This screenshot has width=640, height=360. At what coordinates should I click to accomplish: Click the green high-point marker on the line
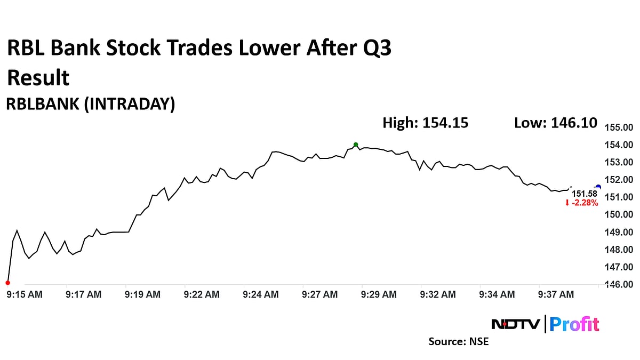point(356,145)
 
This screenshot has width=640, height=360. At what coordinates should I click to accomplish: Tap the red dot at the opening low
point(7,283)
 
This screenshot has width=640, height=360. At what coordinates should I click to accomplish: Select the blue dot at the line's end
point(598,187)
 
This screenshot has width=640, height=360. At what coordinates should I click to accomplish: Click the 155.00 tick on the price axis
point(618,127)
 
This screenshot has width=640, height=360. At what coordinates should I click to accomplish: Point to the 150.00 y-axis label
point(618,214)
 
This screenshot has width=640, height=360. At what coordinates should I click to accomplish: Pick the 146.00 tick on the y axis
point(618,284)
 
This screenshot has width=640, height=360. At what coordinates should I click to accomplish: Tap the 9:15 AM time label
point(25,294)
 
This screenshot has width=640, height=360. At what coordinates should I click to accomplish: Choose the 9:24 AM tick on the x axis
point(260,294)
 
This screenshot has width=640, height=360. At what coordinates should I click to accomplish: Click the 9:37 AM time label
point(556,294)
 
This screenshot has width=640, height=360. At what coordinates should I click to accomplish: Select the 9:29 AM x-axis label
point(379,294)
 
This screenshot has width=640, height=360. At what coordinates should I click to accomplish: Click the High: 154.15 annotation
point(425,123)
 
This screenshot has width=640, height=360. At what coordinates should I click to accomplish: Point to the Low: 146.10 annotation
point(555,123)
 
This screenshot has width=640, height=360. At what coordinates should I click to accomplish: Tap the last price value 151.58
point(585,194)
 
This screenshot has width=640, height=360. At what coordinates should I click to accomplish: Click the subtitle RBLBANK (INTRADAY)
point(90,105)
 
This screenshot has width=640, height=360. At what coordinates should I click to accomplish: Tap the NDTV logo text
point(515,324)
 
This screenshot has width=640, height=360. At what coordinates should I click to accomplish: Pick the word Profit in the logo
point(574,324)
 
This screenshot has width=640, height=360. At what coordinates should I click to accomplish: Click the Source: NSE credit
point(458,341)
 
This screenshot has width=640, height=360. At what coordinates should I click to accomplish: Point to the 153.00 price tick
point(618,162)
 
